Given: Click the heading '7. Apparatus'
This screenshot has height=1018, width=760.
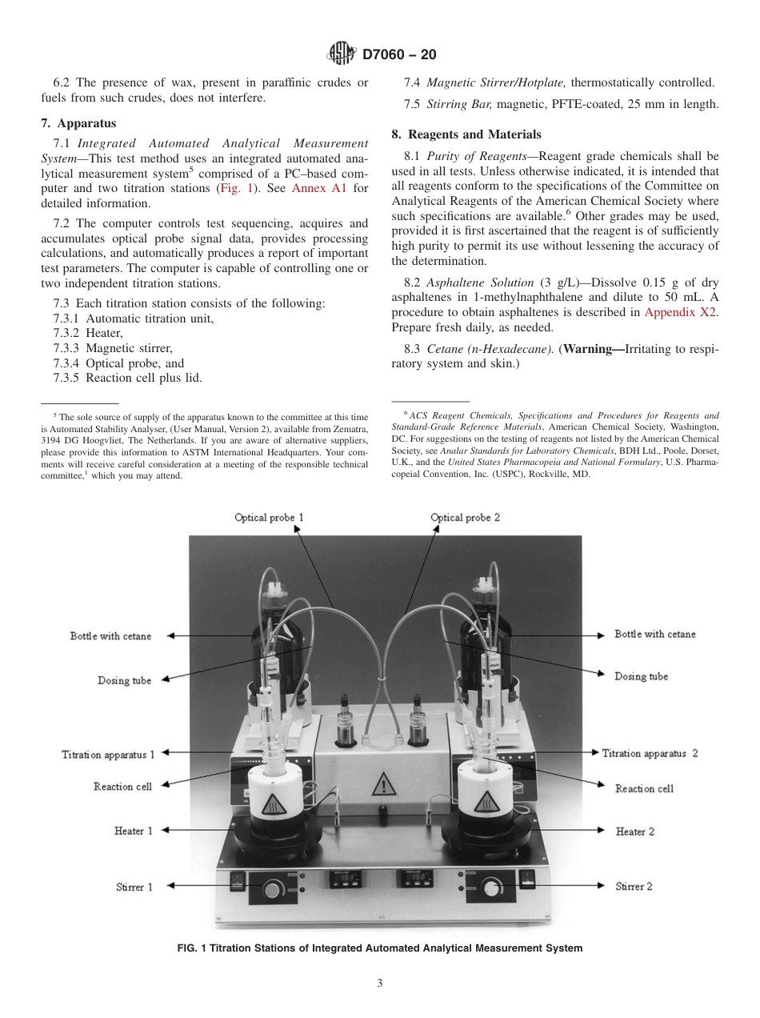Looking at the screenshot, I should [x=78, y=123].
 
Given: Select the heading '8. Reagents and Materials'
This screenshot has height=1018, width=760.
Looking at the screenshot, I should [x=466, y=134].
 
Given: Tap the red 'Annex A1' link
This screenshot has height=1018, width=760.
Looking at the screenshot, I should [x=318, y=189].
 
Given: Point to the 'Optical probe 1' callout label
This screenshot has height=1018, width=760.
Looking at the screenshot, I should [x=269, y=518].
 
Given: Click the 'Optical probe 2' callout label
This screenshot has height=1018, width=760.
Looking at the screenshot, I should [x=466, y=518].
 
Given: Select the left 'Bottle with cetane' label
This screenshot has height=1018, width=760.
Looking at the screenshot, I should [x=110, y=635].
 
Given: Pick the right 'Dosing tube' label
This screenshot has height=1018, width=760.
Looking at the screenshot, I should [x=641, y=676].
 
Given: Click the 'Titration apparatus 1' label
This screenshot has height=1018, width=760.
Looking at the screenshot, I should [x=108, y=754].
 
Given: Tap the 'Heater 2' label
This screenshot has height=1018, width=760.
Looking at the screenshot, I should [x=634, y=832].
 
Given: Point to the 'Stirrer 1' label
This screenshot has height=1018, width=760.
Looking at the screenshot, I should [x=134, y=887].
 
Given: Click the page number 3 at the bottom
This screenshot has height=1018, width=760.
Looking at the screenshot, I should [x=380, y=983].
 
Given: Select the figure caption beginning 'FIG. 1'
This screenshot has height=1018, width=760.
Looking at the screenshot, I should [x=379, y=948].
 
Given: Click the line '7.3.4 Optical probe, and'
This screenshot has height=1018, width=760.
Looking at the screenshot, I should [x=118, y=363].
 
